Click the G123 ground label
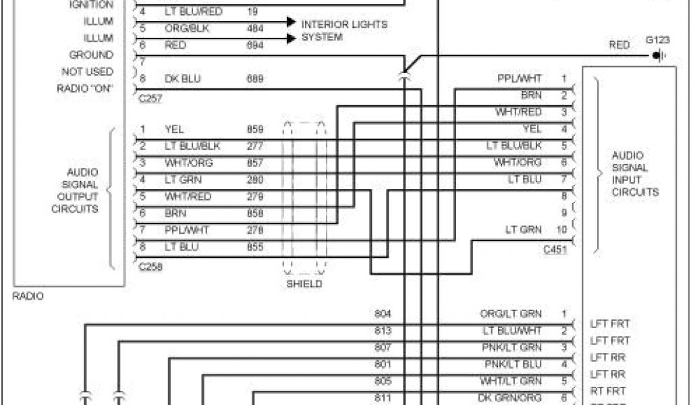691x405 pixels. [x=657, y=40]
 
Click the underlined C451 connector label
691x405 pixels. [x=555, y=250]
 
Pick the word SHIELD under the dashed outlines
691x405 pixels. [x=304, y=284]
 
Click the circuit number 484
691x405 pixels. [x=254, y=28]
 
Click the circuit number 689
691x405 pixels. [x=254, y=79]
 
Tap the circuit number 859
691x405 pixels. [x=254, y=129]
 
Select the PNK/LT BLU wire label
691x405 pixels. [x=513, y=364]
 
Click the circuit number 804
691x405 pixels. [x=383, y=314]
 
